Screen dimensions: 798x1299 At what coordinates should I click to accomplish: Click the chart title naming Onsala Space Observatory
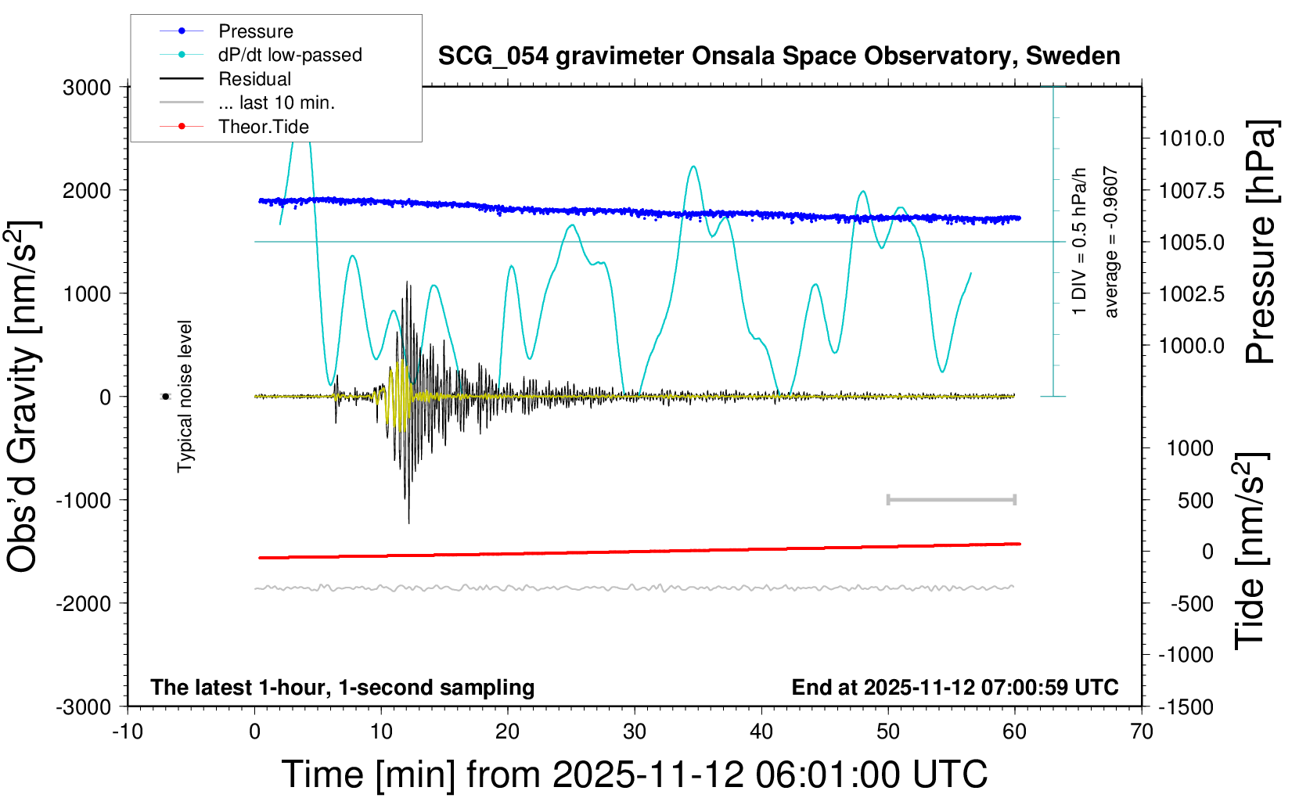tap(779, 56)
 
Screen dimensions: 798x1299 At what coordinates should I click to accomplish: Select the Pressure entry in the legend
tap(255, 31)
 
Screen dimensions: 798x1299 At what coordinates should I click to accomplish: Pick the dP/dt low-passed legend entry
tap(290, 55)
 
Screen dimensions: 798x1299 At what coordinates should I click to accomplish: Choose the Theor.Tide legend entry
tap(263, 127)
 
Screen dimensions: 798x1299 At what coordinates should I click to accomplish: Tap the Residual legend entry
tap(254, 79)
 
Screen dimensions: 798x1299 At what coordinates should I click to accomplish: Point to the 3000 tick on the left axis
tap(87, 87)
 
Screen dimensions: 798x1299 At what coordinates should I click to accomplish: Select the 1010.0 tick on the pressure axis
tap(1191, 138)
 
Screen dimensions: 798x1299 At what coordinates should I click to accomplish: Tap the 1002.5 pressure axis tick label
tap(1191, 293)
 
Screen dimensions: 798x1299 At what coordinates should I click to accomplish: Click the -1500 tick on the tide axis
tap(1186, 706)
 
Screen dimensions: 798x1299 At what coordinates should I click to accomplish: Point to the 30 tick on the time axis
tap(635, 732)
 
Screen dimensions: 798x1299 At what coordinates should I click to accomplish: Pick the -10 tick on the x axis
tap(128, 732)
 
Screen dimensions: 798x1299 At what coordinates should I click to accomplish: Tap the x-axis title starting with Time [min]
tap(634, 775)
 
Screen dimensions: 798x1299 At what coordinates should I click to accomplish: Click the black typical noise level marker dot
tap(166, 397)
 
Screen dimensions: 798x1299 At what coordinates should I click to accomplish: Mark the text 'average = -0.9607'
tap(1110, 242)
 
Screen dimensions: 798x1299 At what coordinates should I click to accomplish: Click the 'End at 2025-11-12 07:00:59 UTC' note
tap(955, 687)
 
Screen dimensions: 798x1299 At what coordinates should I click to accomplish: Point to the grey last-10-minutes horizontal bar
tap(951, 499)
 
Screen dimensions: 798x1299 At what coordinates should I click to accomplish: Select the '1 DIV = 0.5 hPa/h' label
tap(1079, 241)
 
